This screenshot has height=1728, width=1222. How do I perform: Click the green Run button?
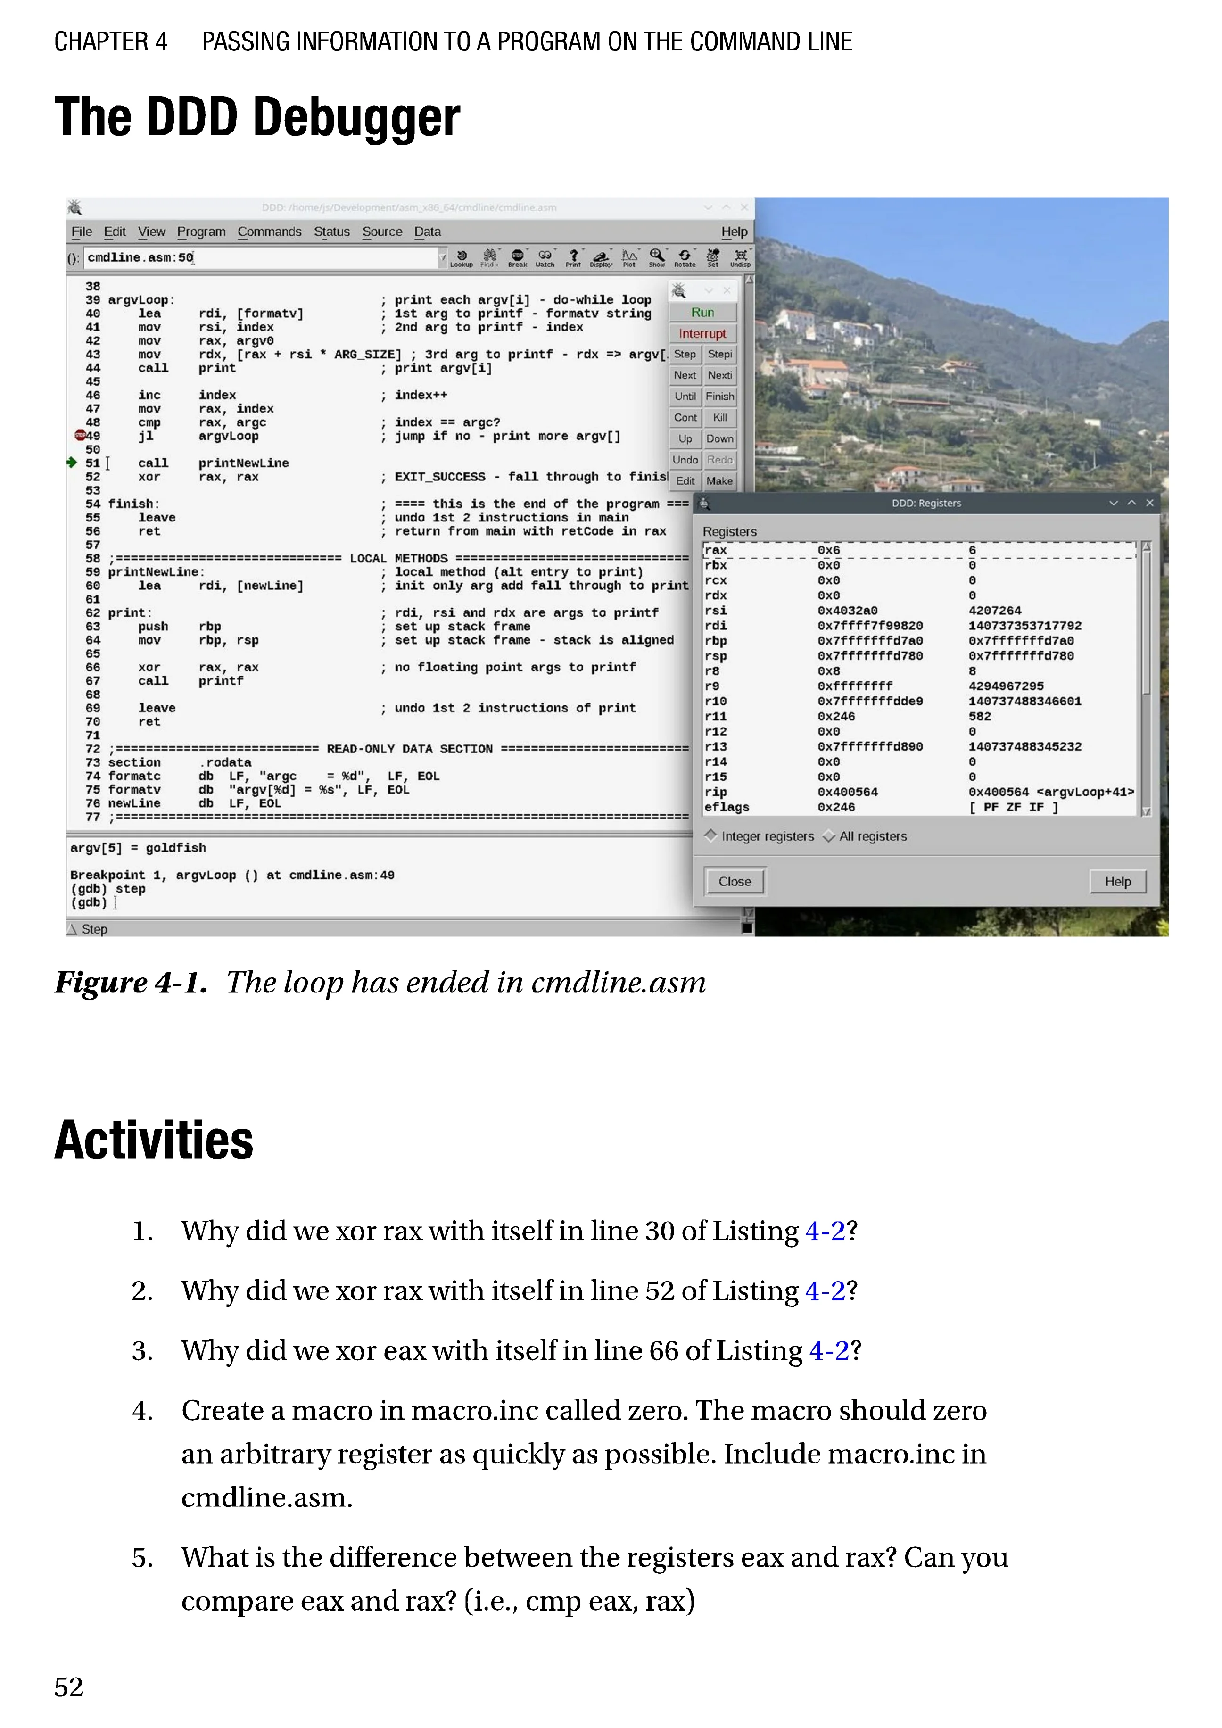702,312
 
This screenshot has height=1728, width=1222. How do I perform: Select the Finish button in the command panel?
719,397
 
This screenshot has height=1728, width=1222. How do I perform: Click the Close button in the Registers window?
735,881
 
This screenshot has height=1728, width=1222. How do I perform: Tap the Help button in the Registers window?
1117,881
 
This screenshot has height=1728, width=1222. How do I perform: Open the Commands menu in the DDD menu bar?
269,232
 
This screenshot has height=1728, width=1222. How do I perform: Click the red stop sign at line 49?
79,435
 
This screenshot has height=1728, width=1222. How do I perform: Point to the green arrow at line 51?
72,462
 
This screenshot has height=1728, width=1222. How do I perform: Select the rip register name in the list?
716,792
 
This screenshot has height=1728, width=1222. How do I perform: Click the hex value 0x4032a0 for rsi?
847,611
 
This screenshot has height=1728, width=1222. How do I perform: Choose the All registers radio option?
829,836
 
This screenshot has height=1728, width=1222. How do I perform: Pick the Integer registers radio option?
711,836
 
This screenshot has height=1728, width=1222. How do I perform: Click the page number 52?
68,1687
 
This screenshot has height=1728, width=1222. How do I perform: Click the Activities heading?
154,1141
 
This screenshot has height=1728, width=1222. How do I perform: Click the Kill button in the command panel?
719,418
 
